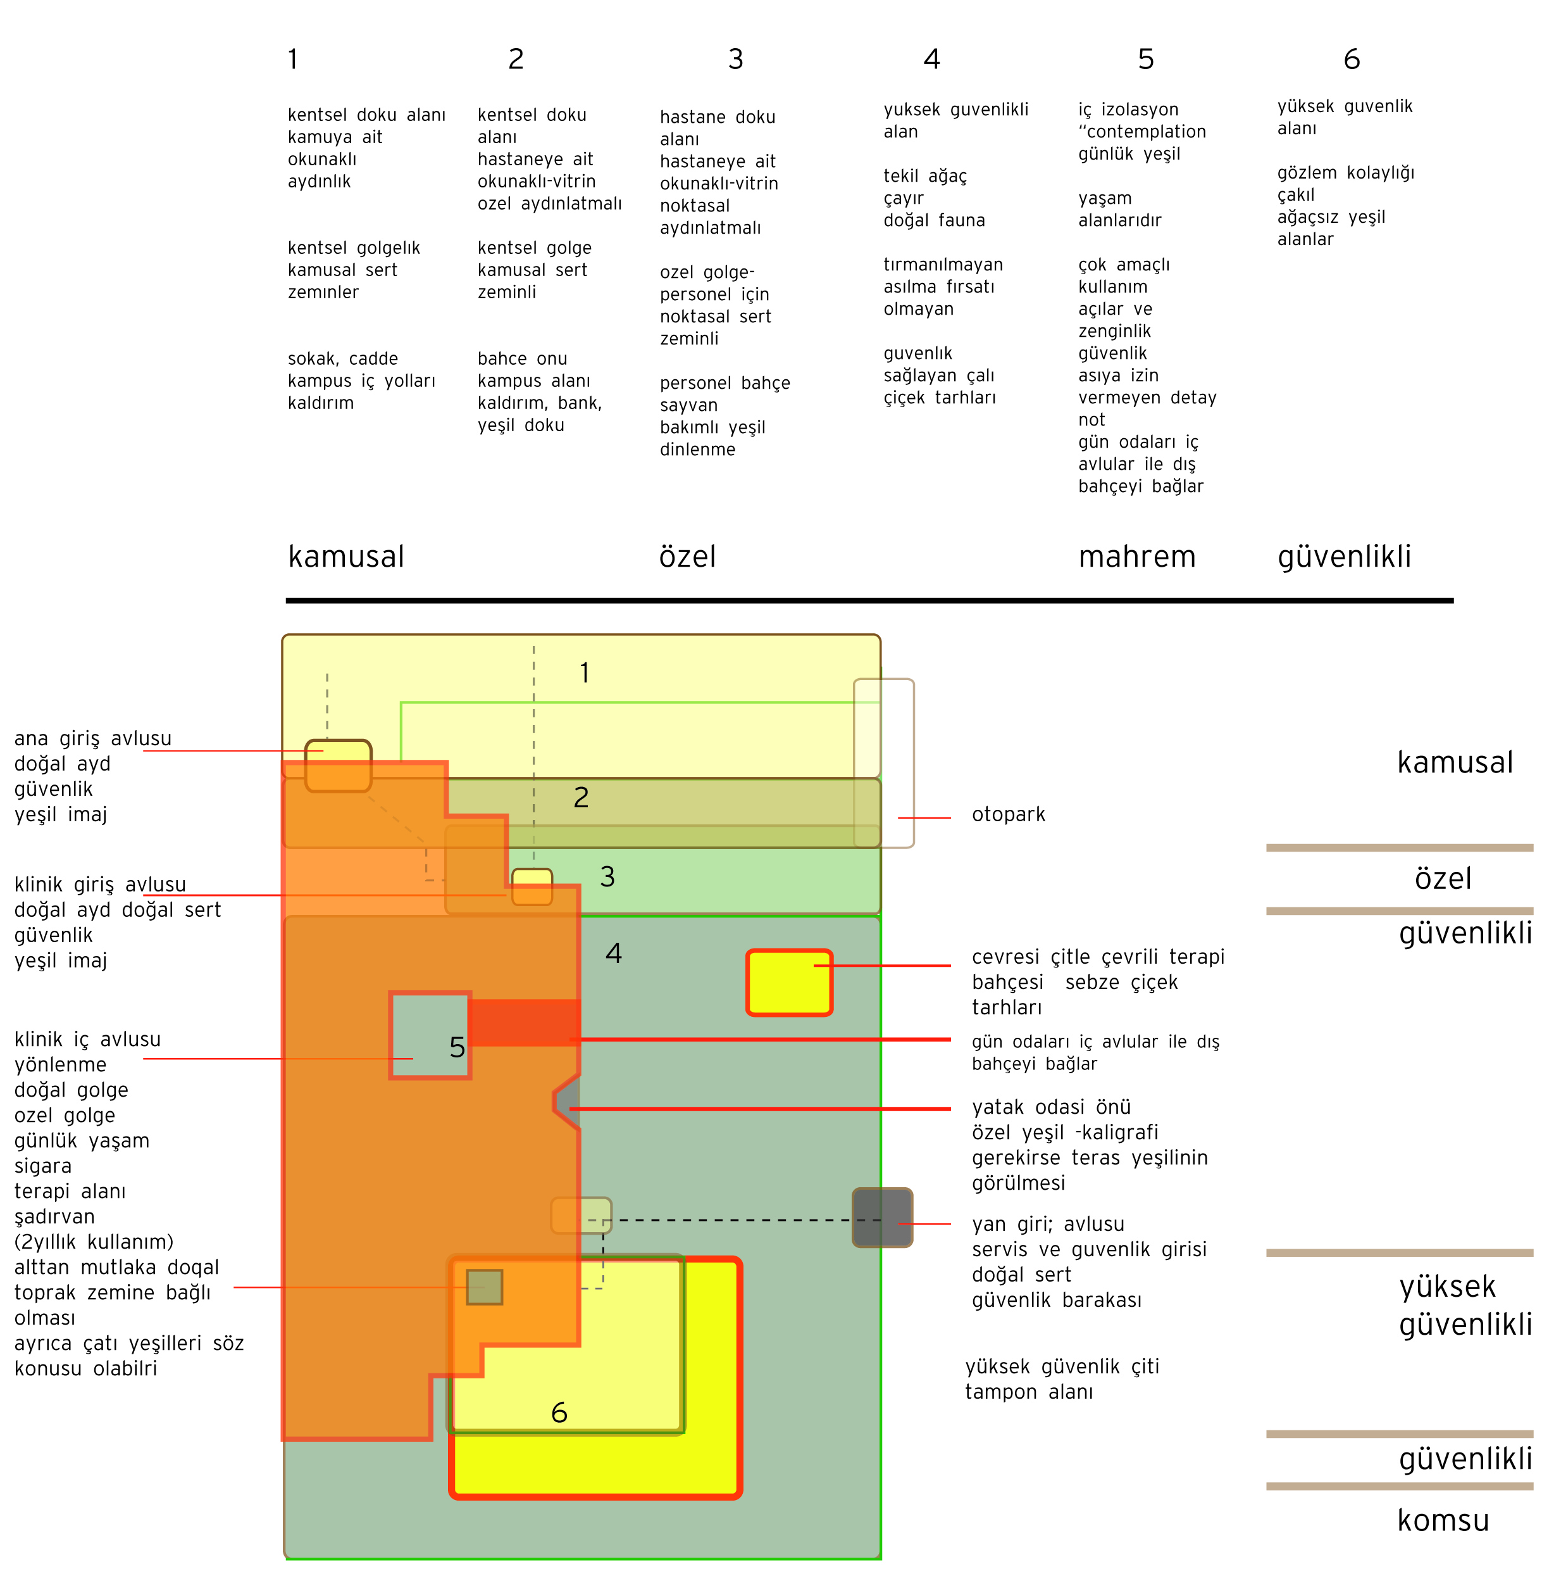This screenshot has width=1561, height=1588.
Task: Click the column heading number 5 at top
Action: coord(1145,59)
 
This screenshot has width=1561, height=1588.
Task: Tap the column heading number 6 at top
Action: coord(1351,59)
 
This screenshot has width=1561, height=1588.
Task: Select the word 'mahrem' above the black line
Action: coord(1136,557)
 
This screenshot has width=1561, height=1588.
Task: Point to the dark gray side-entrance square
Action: coord(882,1217)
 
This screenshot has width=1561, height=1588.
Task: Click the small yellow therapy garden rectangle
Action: coord(788,982)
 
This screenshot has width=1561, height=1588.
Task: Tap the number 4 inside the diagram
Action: coord(613,953)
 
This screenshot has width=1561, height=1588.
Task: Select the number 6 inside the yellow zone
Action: coord(559,1413)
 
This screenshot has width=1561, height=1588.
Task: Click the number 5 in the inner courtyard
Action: coord(457,1047)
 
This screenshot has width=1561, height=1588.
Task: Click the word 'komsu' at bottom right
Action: coord(1442,1520)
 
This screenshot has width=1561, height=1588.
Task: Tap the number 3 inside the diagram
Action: coord(607,877)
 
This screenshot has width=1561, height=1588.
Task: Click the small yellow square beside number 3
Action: coord(532,886)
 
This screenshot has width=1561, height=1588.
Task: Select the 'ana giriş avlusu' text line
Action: coord(92,738)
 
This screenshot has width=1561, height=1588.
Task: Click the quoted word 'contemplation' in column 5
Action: coord(1145,132)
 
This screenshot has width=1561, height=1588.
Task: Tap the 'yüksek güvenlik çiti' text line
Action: coord(1062,1366)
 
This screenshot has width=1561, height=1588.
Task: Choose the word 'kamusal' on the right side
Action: coord(1455,763)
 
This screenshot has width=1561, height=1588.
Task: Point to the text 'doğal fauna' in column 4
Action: coord(934,220)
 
